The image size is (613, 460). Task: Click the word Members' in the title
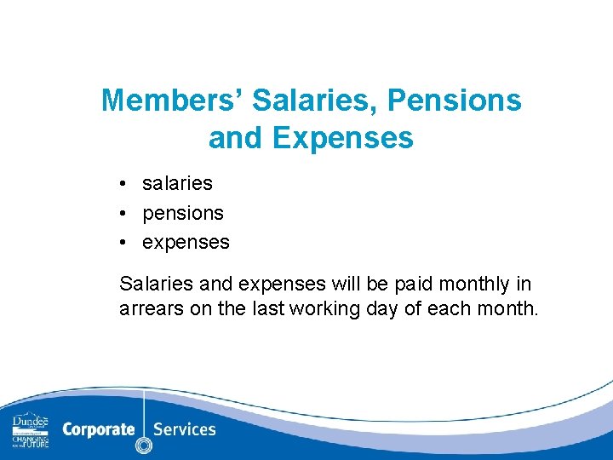coord(173,101)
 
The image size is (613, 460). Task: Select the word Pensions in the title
coord(454,101)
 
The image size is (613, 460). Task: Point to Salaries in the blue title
coord(317,101)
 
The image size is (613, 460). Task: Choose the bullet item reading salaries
coord(177,183)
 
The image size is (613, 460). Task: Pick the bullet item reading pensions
coord(183,212)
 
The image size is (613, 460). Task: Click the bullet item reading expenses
coord(186,242)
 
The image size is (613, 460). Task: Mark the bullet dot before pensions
coord(124,212)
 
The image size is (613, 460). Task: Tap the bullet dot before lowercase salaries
coord(124,183)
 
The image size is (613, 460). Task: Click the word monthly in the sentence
coord(463,284)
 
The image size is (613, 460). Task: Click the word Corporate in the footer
coord(98,428)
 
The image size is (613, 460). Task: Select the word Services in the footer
coord(185,428)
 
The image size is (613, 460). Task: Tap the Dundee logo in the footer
coord(31,430)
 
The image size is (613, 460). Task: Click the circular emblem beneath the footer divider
coord(144,446)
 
